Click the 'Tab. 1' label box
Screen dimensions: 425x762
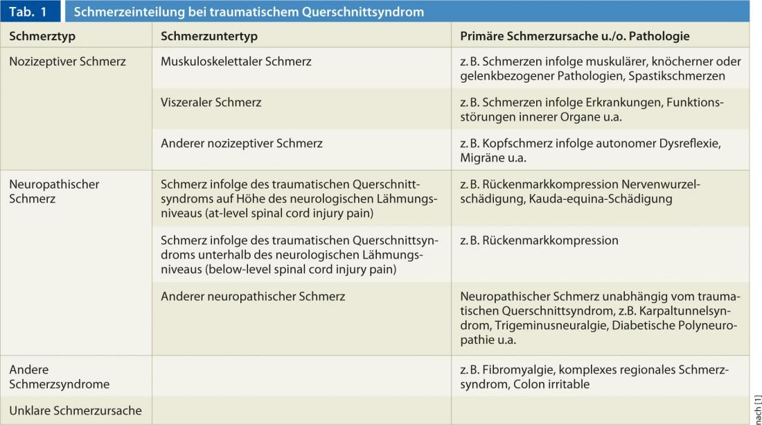28,12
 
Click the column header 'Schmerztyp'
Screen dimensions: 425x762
42,36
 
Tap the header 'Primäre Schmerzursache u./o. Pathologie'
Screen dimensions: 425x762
574,36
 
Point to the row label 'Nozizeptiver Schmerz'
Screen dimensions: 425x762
67,61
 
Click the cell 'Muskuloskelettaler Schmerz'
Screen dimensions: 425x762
236,61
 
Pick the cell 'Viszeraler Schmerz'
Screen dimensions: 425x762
211,102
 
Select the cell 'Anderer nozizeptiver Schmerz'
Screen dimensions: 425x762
241,144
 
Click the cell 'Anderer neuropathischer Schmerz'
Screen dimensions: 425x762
253,296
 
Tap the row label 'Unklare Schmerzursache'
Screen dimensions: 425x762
75,410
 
